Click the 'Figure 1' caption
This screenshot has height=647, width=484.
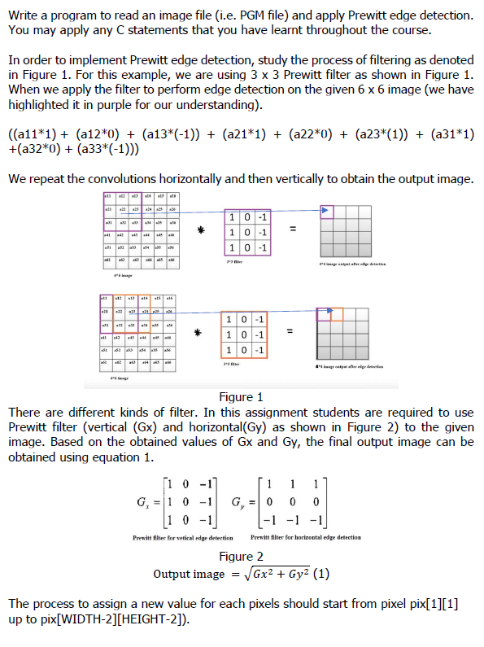tap(241, 397)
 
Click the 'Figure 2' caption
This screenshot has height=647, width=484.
tap(241, 557)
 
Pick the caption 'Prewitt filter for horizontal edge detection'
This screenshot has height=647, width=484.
tap(306, 537)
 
